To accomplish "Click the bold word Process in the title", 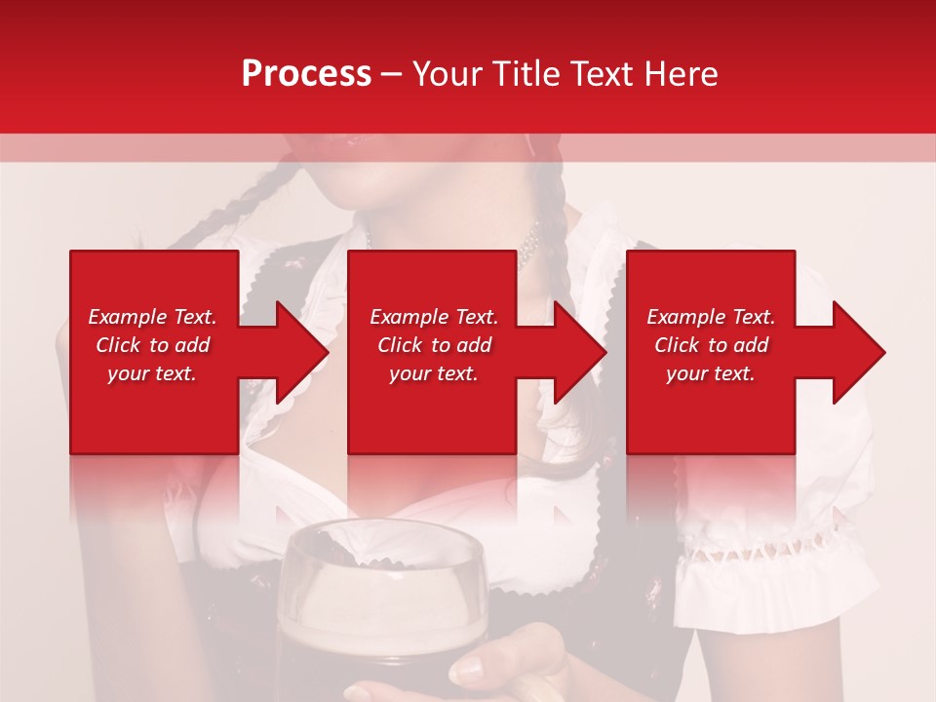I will coord(306,73).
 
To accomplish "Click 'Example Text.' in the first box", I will coord(152,317).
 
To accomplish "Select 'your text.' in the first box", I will coord(152,373).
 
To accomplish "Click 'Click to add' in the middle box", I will coord(434,345).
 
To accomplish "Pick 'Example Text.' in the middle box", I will coord(434,317).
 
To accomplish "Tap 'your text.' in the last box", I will coord(711,373).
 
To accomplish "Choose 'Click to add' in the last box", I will coord(711,345).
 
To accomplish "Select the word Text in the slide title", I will coord(605,73).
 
